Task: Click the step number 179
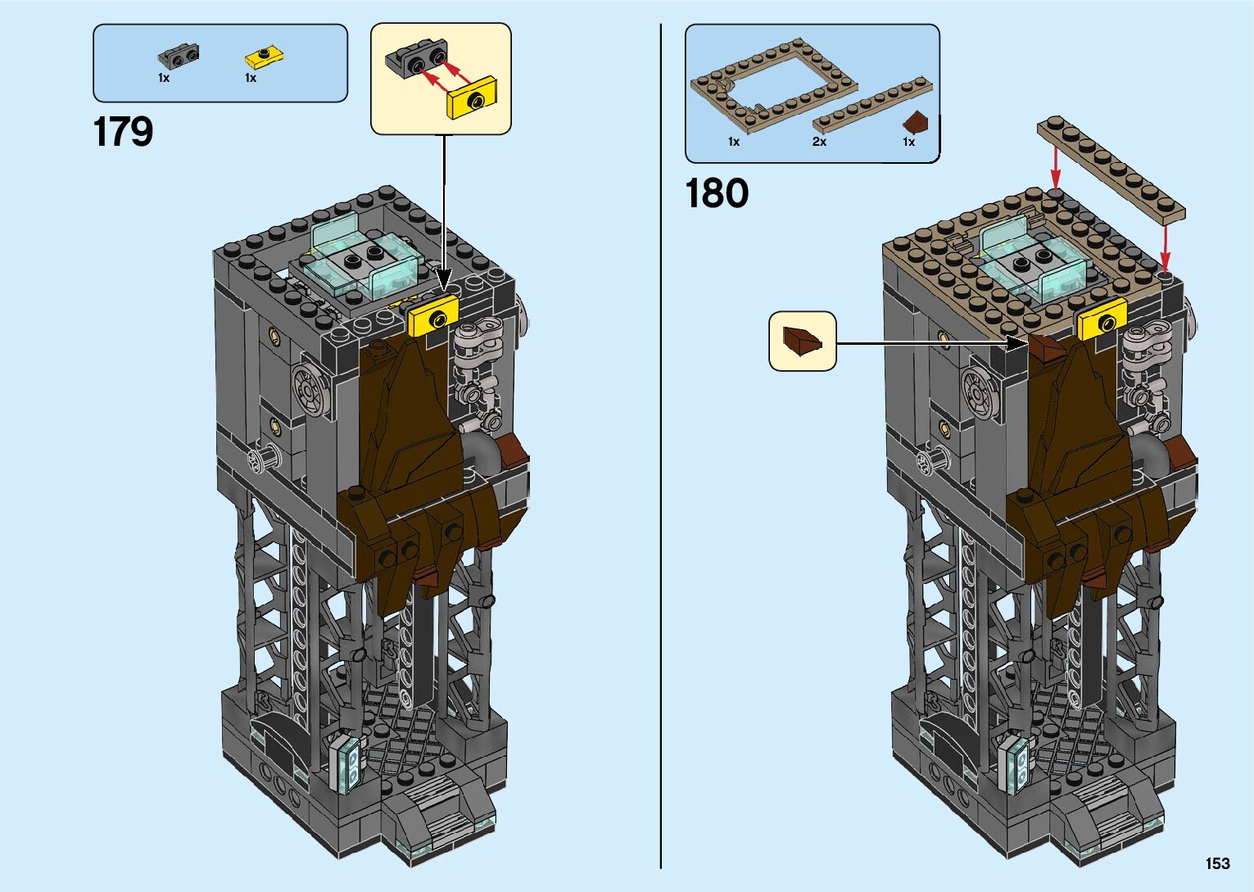pos(123,132)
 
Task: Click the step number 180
pos(716,194)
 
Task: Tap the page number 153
pos(1217,863)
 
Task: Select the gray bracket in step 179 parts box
pos(178,57)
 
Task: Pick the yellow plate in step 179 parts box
pos(265,57)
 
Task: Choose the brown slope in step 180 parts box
pos(915,123)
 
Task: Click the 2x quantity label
pos(819,142)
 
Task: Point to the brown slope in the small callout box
pos(802,340)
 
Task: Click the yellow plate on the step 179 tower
pos(433,316)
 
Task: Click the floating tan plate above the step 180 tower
pos(1111,170)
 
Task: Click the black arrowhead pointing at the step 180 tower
pos(1017,344)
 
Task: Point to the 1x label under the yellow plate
pos(251,78)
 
